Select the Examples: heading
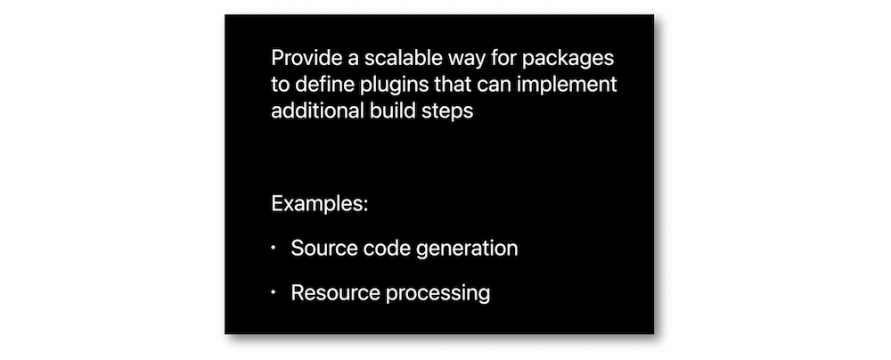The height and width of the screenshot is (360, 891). pyautogui.click(x=320, y=203)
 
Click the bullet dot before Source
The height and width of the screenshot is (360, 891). pyautogui.click(x=274, y=248)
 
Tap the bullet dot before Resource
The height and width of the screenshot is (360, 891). pyautogui.click(x=274, y=293)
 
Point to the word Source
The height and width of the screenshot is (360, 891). pyautogui.click(x=321, y=248)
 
